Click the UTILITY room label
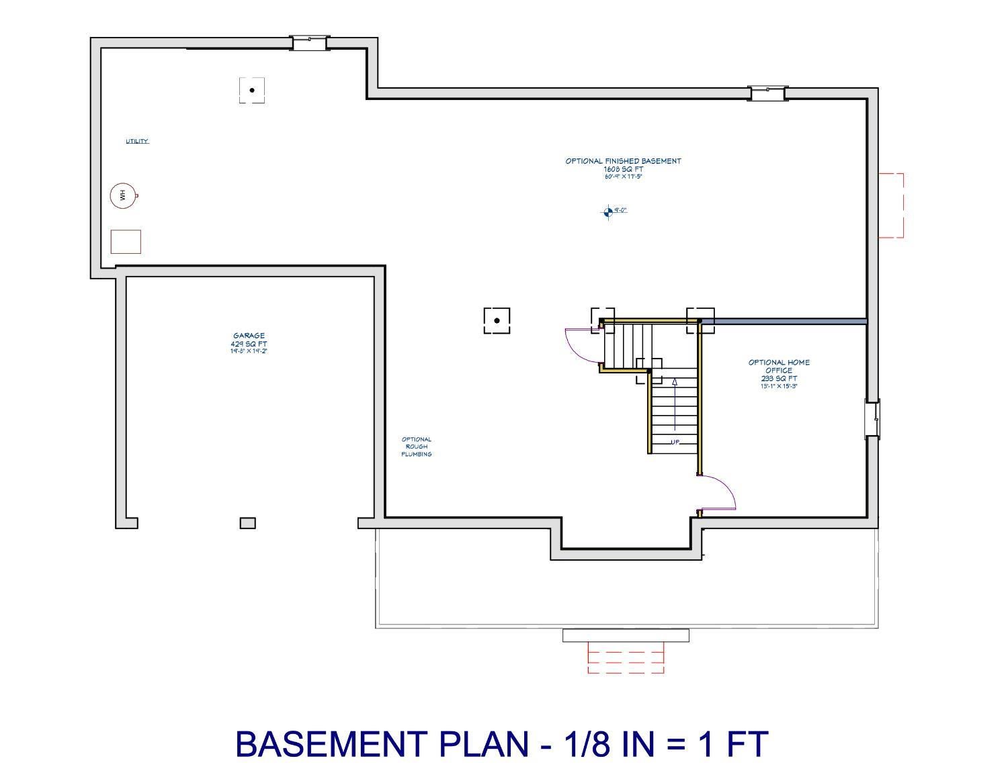[x=137, y=141]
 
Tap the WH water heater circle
[x=121, y=195]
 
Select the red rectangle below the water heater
[x=126, y=242]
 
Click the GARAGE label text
[x=249, y=336]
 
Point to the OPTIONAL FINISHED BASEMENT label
[x=623, y=161]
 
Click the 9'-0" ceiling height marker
[x=609, y=212]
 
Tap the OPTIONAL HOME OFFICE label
[x=779, y=367]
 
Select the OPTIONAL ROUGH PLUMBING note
[x=417, y=447]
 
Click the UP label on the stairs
[x=675, y=443]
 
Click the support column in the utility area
[x=252, y=90]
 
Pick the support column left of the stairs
[x=497, y=320]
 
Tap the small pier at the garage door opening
[x=248, y=522]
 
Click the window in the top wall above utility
[x=309, y=43]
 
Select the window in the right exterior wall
[x=872, y=418]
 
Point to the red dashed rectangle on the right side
[x=891, y=205]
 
